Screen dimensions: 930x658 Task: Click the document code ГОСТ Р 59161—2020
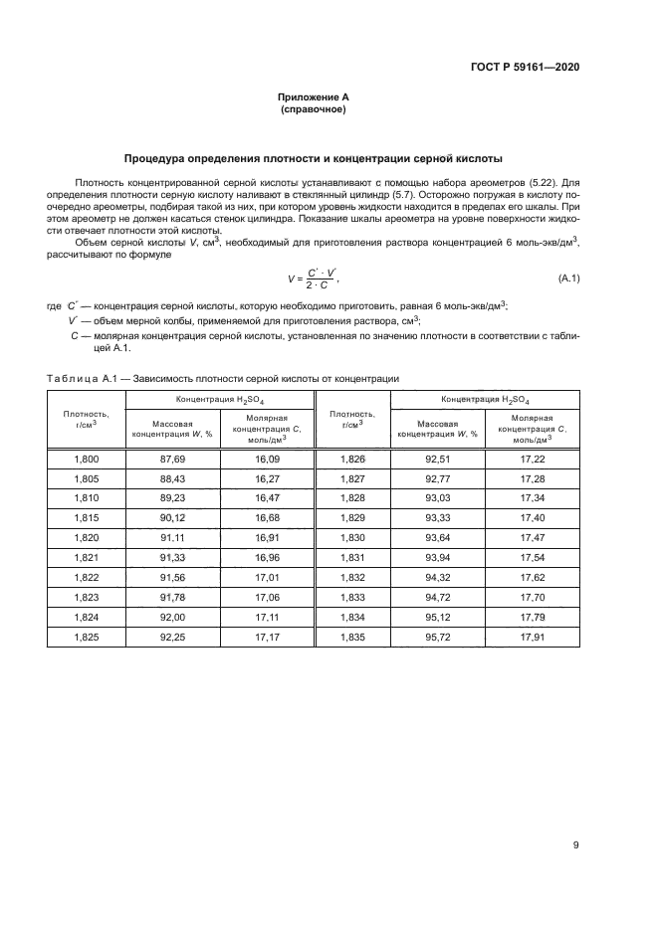[525, 67]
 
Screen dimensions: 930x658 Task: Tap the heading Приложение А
[313, 96]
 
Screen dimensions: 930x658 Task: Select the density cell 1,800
[87, 458]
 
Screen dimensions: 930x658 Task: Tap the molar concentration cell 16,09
[267, 458]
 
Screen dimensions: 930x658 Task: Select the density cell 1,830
[352, 536]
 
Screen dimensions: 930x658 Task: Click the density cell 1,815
[87, 516]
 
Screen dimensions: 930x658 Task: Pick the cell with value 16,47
[267, 497]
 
